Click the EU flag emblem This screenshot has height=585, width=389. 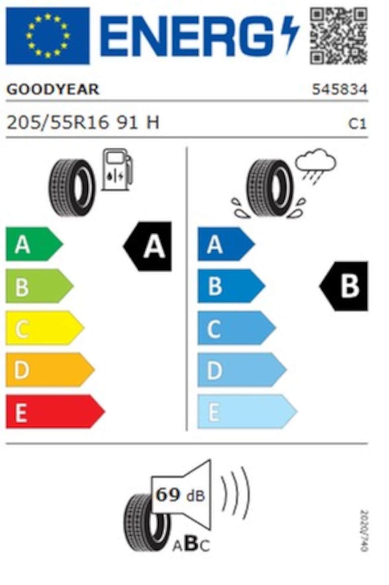[x=48, y=36]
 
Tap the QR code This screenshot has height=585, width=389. [x=339, y=36]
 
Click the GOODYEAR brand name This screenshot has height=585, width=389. [x=53, y=89]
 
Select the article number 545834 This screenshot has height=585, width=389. [x=340, y=89]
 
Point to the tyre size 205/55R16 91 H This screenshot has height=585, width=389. [x=83, y=123]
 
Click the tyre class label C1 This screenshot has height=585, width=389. [x=357, y=123]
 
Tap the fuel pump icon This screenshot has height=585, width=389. [x=117, y=169]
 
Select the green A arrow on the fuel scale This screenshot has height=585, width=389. [x=34, y=244]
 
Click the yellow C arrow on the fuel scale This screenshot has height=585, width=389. [x=45, y=328]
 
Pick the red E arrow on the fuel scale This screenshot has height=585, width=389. [x=55, y=412]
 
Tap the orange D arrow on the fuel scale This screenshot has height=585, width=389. [x=50, y=370]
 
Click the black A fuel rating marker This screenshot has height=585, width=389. [x=148, y=246]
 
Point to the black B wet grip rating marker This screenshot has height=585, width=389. [x=343, y=286]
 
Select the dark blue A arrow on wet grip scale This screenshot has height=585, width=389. [x=226, y=244]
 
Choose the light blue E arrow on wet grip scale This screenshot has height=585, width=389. [x=247, y=412]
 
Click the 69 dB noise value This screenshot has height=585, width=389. [x=180, y=495]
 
